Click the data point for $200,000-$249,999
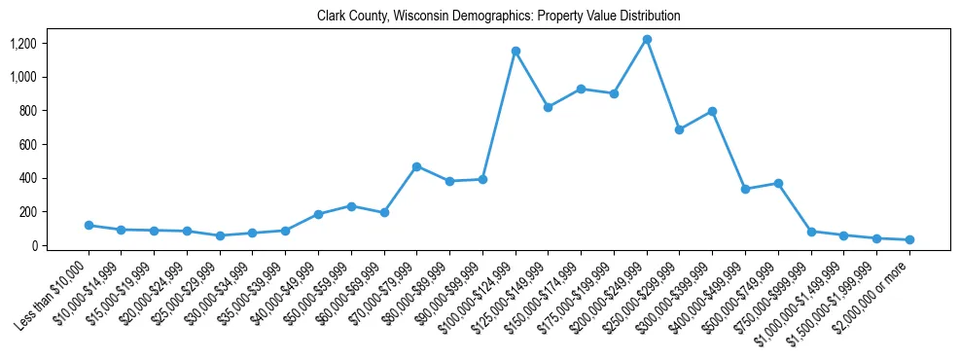[647, 39]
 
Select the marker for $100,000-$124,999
[516, 51]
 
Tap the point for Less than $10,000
[89, 225]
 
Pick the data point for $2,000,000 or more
[909, 239]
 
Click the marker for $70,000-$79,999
[416, 166]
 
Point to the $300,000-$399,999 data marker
[712, 111]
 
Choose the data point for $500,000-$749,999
[778, 183]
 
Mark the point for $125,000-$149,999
[548, 107]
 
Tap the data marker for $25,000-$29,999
[220, 235]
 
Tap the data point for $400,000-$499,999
[745, 189]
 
